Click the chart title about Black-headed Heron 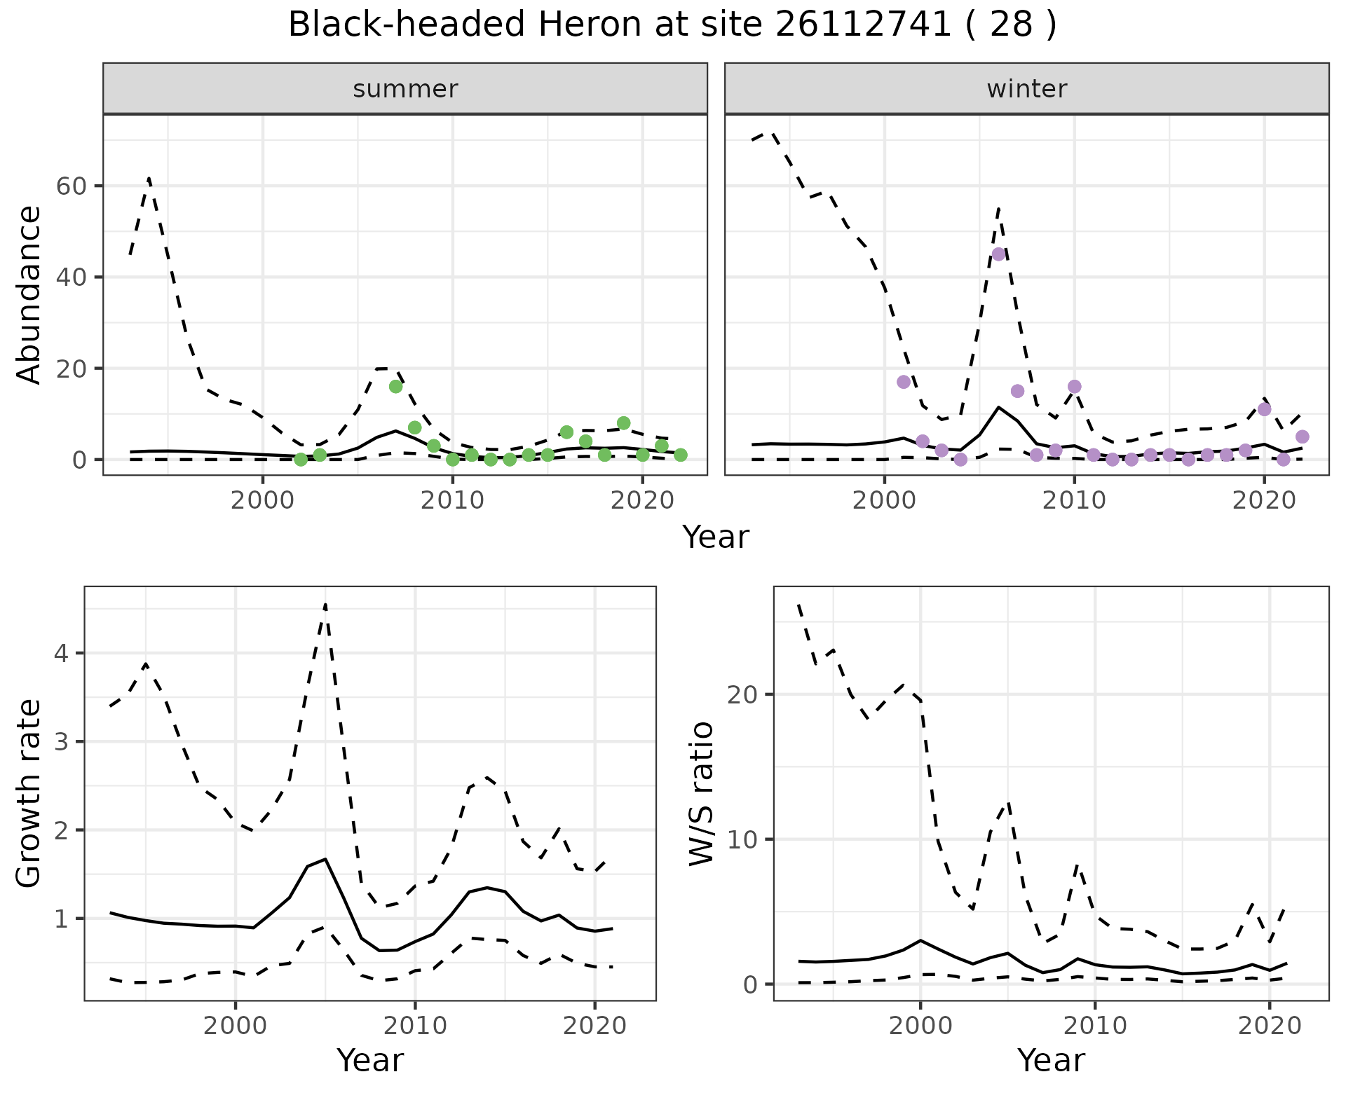672,25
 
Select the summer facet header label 405,89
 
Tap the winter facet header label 1026,89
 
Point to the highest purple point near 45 998,254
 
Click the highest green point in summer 395,387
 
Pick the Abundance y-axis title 29,294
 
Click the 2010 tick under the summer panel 452,502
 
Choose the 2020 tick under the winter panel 1263,502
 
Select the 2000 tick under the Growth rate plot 235,1027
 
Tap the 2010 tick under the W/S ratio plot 1094,1027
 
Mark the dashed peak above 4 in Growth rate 325,604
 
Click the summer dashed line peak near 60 149,179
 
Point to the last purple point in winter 1302,437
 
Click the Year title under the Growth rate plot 370,1060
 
